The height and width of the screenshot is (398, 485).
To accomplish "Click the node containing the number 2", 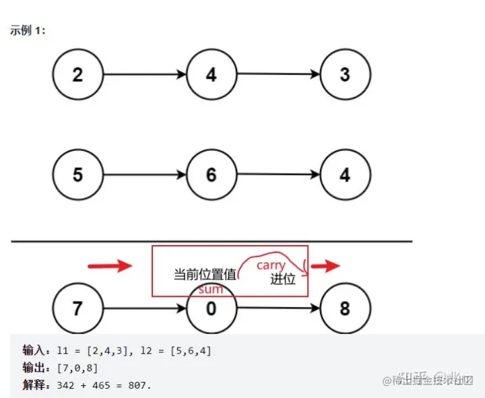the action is pos(77,73).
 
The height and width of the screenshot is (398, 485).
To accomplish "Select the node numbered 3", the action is pos(345,73).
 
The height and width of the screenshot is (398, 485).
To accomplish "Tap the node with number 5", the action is pos(77,174).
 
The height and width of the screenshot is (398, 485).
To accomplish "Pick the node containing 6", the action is pos(211,174).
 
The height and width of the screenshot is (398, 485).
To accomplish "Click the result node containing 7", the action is pos(77,309).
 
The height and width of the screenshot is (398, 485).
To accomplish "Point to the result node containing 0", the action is pos(211,309).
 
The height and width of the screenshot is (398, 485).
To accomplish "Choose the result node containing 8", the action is pos(345,309).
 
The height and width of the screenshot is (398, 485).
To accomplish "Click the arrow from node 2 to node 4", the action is pos(144,74).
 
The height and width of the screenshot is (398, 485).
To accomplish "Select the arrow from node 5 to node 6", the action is pos(144,175).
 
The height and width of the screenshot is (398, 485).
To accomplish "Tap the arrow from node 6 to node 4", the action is pos(278,175).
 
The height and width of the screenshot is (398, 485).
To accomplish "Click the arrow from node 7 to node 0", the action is pos(144,310).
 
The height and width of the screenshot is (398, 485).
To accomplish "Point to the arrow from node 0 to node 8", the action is pos(278,310).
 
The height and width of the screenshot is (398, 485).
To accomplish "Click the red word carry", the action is pos(271,265).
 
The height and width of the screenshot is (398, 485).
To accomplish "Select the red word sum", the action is pos(211,289).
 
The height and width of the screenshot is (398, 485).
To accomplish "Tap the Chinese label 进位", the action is pos(283,279).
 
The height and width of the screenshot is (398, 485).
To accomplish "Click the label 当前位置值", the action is pos(205,275).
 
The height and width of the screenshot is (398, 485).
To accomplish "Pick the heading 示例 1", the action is pos(28,31).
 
